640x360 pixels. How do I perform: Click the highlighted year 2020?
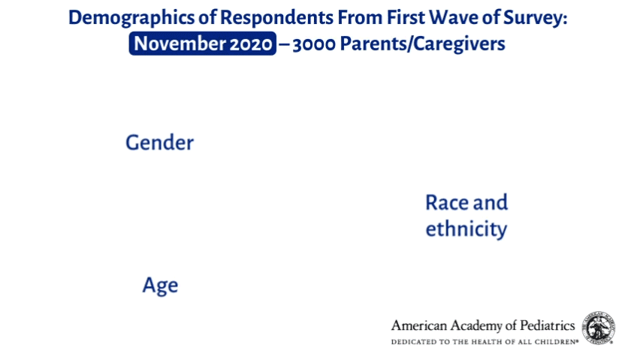[x=251, y=44]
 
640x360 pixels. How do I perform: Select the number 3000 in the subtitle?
[x=314, y=44]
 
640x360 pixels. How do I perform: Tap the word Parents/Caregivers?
[x=422, y=44]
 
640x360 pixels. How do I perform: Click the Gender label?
[x=159, y=143]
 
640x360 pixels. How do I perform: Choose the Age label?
[x=160, y=286]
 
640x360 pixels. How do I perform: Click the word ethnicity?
[x=466, y=228]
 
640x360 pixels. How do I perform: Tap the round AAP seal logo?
[x=599, y=328]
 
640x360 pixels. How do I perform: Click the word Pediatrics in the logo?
[x=548, y=325]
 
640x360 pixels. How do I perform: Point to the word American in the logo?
[x=419, y=325]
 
